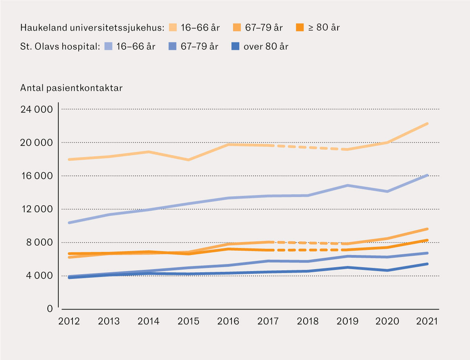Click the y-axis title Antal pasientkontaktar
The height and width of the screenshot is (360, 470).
pos(71,88)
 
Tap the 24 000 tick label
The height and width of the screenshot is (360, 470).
pos(36,109)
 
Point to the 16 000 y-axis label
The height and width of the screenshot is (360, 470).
pos(36,176)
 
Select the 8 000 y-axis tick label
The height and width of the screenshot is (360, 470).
pos(38,242)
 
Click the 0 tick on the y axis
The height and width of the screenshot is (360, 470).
pos(49,309)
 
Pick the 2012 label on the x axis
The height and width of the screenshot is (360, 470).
pos(69,322)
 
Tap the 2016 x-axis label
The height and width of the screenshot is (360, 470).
pos(228,322)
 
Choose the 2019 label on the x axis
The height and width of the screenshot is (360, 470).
pos(347,322)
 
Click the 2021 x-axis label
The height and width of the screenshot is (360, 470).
pos(427,322)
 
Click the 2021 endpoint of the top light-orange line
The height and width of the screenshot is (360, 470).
pos(427,123)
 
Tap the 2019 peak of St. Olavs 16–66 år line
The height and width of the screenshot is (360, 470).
pos(347,185)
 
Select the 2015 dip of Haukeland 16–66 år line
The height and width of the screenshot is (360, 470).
pos(188,160)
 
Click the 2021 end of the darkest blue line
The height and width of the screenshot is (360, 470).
pos(427,264)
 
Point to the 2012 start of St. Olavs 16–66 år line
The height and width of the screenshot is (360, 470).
pos(69,223)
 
